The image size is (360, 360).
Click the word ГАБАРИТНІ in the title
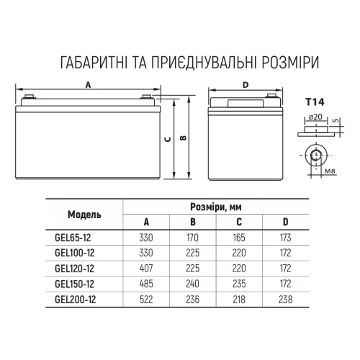[x=94, y=63]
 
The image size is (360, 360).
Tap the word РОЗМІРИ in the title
[x=291, y=63]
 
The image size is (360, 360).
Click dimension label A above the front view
[x=89, y=85]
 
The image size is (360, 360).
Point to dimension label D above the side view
[x=246, y=85]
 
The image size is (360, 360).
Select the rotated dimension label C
[x=168, y=139]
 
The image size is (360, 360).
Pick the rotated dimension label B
[x=183, y=138]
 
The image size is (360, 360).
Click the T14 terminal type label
[x=315, y=102]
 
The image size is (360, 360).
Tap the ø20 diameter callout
[x=315, y=117]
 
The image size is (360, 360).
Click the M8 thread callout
[x=330, y=171]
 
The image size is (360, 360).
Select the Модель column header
[x=84, y=215]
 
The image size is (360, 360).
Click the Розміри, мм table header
[x=216, y=207]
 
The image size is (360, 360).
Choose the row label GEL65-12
[x=73, y=238]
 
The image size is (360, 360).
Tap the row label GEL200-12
[x=76, y=300]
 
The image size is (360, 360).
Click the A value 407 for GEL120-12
[x=146, y=269]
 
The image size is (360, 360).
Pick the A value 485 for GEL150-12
[x=146, y=284]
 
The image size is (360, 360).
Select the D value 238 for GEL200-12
[x=286, y=300]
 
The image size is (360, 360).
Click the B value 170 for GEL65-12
[x=193, y=238]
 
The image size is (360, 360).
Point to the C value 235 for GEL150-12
[x=239, y=284]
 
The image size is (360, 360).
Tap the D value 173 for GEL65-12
[x=286, y=238]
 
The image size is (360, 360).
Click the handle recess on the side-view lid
[x=246, y=104]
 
